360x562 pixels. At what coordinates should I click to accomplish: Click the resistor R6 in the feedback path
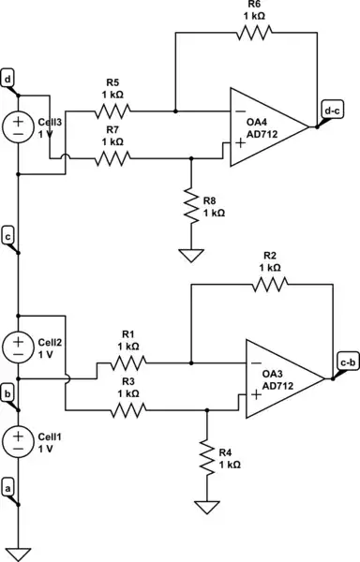[252, 32]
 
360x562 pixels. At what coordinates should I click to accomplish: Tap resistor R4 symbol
[207, 458]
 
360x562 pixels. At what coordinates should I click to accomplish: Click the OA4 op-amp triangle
[268, 127]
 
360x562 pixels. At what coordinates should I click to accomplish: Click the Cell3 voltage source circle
[18, 127]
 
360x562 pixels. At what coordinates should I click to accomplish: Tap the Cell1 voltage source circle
[18, 439]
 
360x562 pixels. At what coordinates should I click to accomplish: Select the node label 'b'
[8, 394]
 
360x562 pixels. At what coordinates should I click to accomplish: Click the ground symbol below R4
[207, 508]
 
